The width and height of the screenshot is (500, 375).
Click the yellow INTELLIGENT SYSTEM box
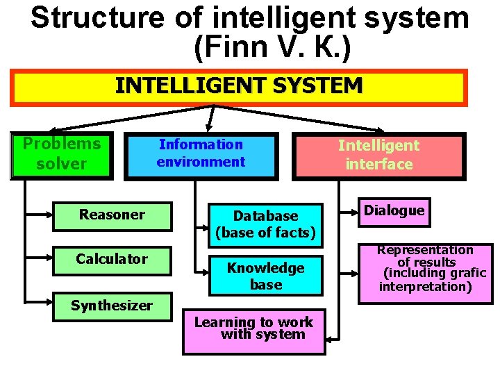click(x=239, y=86)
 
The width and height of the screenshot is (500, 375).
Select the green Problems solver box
click(x=62, y=155)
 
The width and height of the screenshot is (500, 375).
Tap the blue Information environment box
click(x=201, y=154)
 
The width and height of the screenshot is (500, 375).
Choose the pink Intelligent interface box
click(x=378, y=155)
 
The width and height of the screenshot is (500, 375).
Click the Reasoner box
click(x=112, y=215)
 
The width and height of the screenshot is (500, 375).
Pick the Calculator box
click(x=112, y=260)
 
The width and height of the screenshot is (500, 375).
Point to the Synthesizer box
click(x=112, y=306)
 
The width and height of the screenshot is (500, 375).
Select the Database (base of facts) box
click(x=266, y=224)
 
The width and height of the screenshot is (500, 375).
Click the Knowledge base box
click(x=266, y=276)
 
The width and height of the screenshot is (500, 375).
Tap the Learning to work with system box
click(x=253, y=329)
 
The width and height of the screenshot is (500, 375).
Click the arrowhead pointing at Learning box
click(x=331, y=338)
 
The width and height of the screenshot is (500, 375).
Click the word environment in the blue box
click(x=201, y=162)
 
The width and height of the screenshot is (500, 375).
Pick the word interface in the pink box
click(x=379, y=165)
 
